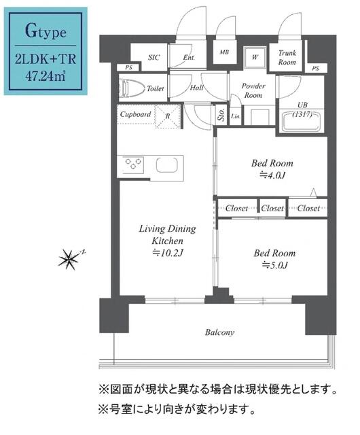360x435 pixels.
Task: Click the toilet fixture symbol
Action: [132, 88]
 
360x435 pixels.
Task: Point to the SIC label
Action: [154, 58]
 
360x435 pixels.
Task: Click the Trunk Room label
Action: [287, 57]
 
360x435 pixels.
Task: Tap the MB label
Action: [223, 52]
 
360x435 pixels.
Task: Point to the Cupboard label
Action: [135, 114]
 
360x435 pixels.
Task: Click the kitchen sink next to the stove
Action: [167, 164]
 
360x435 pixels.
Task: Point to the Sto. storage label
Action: [221, 115]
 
